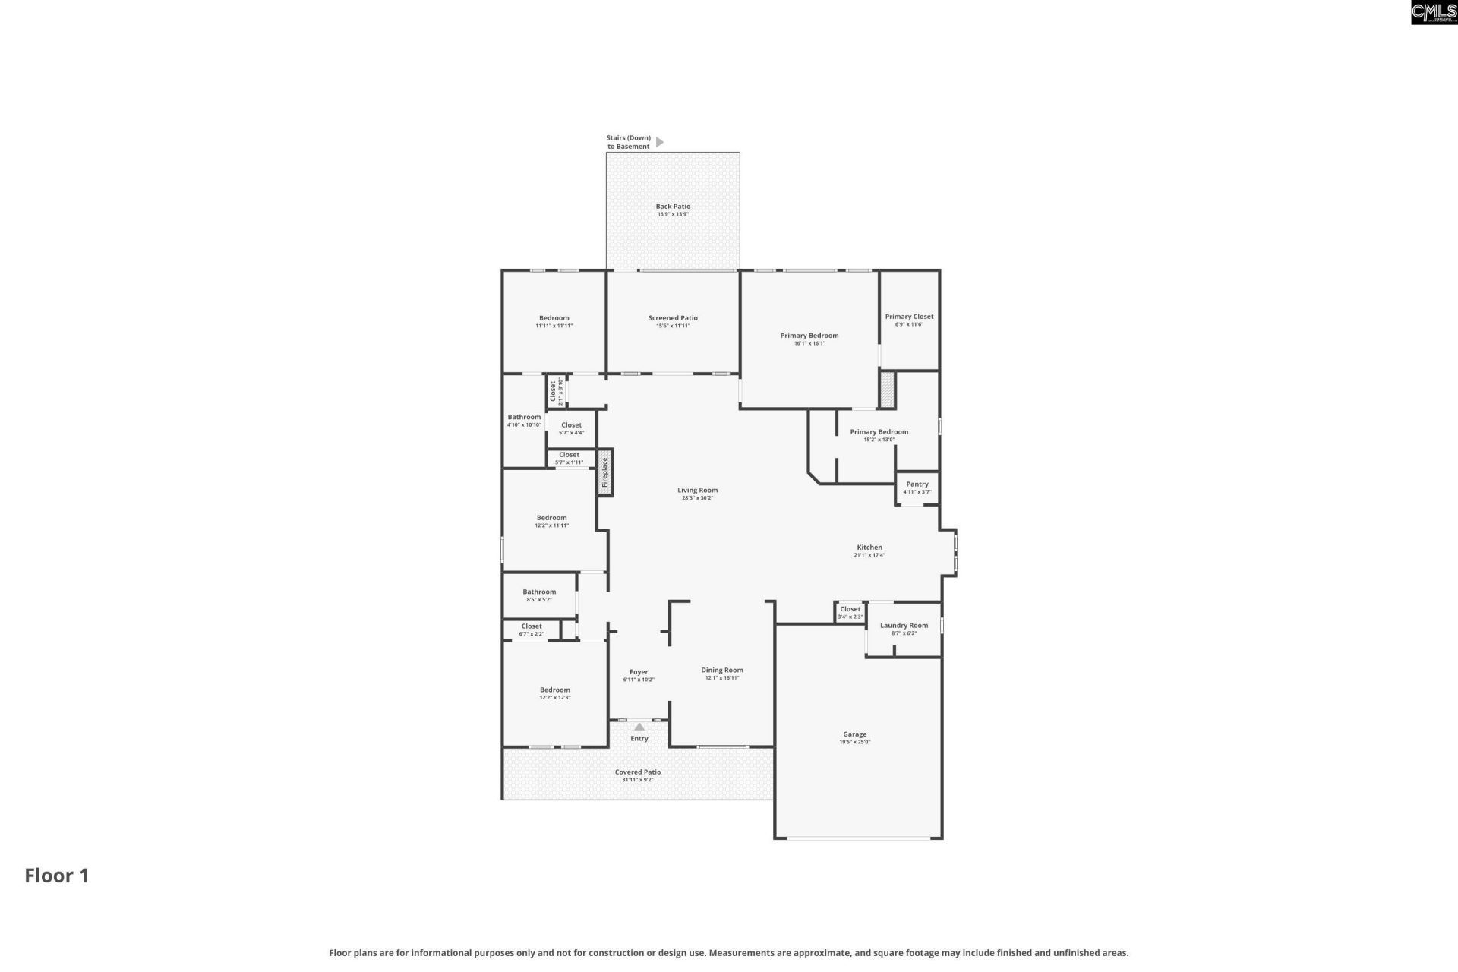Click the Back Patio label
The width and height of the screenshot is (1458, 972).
[673, 207]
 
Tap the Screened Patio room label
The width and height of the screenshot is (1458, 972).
[673, 318]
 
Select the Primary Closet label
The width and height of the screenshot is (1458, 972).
[909, 317]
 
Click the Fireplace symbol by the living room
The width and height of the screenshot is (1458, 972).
[605, 472]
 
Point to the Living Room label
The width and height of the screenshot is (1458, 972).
[697, 491]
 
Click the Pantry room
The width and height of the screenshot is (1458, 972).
[917, 488]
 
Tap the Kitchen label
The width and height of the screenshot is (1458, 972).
[869, 548]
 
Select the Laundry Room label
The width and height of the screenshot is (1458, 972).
[904, 626]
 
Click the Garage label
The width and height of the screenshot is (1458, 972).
[854, 734]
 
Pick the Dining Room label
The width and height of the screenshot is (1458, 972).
[721, 671]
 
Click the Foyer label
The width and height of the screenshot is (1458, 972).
[639, 672]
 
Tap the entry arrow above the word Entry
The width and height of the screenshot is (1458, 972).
[639, 727]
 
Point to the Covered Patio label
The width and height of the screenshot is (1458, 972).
[638, 772]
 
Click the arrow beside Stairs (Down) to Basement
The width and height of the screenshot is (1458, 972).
[659, 142]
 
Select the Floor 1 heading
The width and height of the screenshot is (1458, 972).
[57, 876]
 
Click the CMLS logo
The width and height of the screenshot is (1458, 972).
[1434, 12]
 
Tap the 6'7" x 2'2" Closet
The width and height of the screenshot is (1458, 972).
[532, 630]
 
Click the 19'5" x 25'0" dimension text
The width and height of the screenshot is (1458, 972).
[854, 742]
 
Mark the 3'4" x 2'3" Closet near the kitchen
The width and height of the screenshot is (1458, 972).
[850, 612]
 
